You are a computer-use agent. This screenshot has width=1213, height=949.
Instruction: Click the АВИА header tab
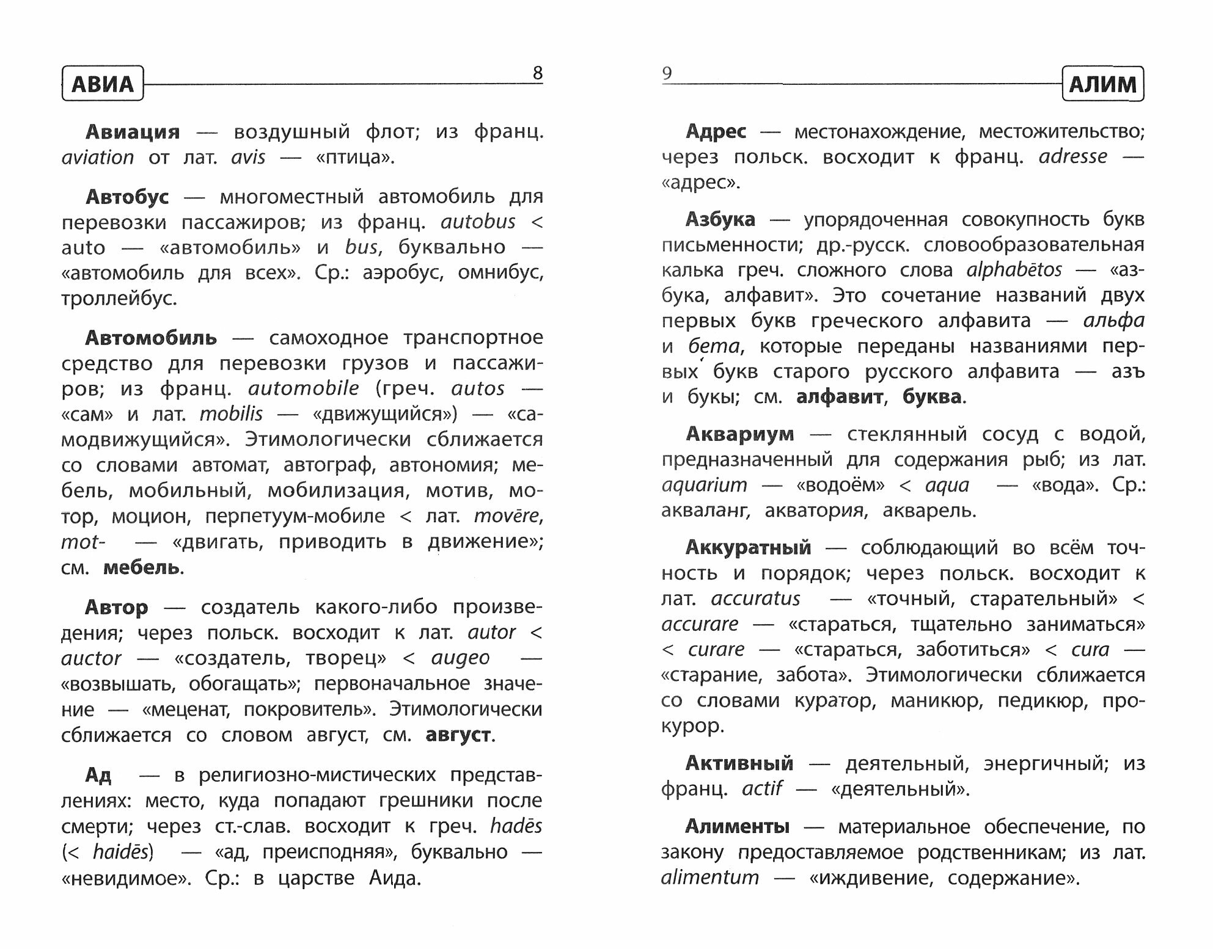(x=103, y=84)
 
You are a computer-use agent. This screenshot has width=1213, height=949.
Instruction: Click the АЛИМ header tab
(x=1102, y=84)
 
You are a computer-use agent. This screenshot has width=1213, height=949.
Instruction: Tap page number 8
(x=537, y=73)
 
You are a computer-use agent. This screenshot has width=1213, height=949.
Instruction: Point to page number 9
(x=667, y=73)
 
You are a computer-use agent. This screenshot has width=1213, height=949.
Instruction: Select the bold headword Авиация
(x=133, y=132)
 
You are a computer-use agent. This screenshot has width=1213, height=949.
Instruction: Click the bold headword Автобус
(x=127, y=197)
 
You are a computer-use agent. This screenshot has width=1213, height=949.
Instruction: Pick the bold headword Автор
(x=116, y=607)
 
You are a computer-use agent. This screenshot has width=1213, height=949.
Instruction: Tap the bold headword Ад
(x=98, y=775)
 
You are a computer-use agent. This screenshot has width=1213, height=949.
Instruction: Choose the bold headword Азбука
(x=720, y=219)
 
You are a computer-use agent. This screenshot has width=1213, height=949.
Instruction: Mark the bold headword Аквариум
(x=739, y=434)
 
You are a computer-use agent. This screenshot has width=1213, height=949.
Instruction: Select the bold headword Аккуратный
(x=748, y=547)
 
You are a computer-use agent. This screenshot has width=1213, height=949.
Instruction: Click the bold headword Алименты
(x=737, y=826)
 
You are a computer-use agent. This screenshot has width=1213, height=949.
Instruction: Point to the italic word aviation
(x=98, y=158)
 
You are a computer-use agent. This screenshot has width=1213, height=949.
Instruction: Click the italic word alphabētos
(x=1014, y=270)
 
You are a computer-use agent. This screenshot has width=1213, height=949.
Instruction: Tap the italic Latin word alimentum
(x=709, y=878)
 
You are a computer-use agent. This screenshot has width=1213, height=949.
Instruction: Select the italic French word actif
(x=761, y=788)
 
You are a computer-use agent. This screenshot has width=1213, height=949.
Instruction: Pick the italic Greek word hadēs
(x=516, y=826)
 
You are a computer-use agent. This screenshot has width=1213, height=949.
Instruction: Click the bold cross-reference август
(x=458, y=735)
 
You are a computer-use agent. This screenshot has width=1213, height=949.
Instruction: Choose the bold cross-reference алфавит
(x=839, y=397)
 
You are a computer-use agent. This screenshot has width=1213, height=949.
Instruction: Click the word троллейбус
(x=119, y=299)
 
